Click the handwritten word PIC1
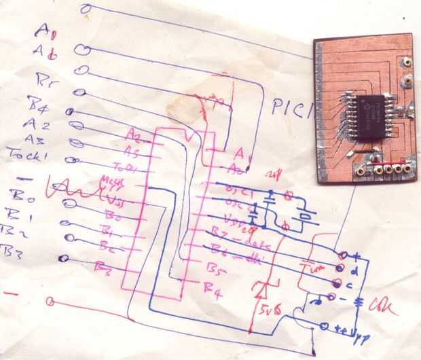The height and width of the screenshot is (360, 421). [x=291, y=107]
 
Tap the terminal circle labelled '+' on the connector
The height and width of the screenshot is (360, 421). [x=344, y=255]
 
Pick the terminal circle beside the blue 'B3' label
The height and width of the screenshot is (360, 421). [x=63, y=258]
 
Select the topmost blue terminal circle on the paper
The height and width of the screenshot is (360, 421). [x=85, y=9]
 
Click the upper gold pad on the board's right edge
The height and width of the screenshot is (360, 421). [x=406, y=62]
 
